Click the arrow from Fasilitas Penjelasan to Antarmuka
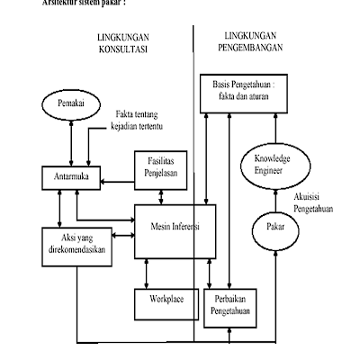pos(117,183)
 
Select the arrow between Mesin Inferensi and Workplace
pos(165,271)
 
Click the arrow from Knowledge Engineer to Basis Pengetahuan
pos(270,126)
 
